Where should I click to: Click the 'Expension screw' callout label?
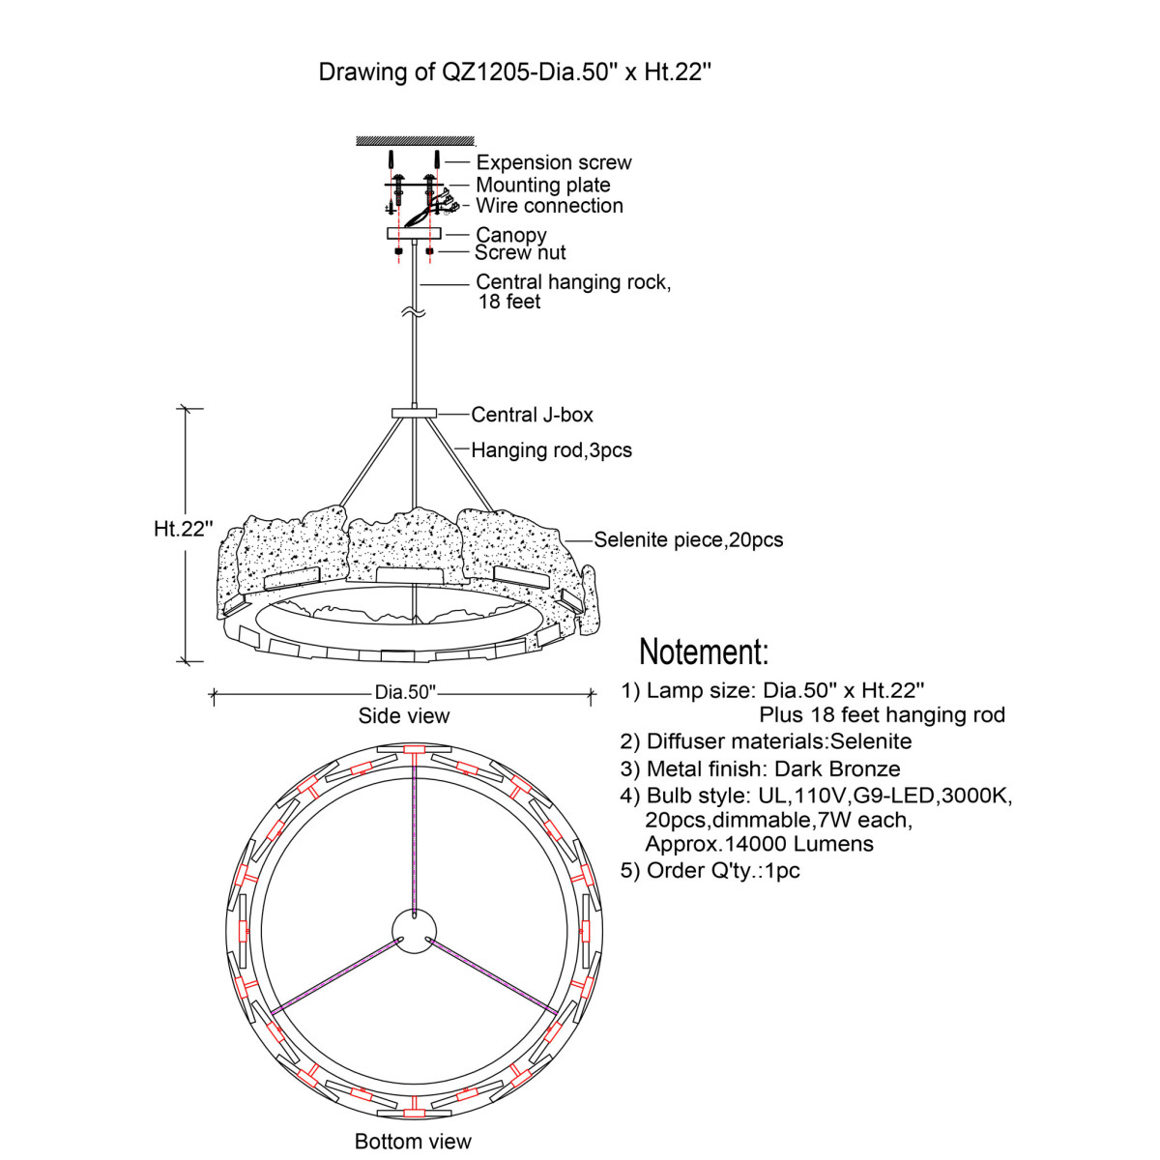tap(553, 162)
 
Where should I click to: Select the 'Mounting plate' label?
tap(542, 185)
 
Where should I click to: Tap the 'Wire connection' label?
tap(549, 205)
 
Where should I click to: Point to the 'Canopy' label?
tap(510, 235)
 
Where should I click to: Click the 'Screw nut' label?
tap(519, 253)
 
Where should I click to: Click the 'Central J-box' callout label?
tap(532, 415)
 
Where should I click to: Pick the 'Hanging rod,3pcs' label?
tap(551, 450)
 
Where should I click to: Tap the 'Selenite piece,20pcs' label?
tap(687, 540)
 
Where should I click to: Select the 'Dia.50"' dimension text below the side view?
tap(405, 692)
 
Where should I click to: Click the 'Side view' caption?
tap(403, 716)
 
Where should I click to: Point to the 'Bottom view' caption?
tap(413, 1142)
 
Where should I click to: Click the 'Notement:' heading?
tap(703, 652)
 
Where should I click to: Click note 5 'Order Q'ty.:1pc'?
tap(710, 870)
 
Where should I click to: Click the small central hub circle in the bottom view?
tap(414, 933)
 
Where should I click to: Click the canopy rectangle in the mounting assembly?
tap(414, 234)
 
